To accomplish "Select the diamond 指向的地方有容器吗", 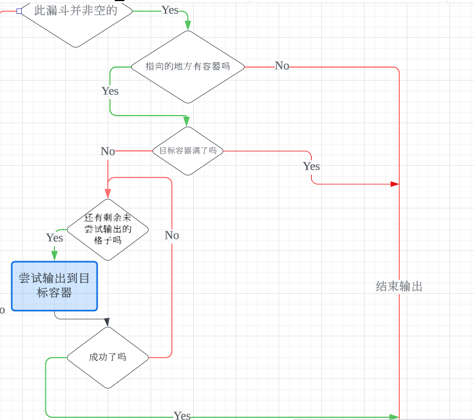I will click(188, 67).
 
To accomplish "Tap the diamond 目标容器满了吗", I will click(188, 151).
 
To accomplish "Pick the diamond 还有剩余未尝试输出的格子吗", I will click(108, 229).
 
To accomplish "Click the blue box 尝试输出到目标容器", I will click(54, 286).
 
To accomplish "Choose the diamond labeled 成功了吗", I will click(108, 357).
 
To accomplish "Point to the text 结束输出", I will click(399, 287).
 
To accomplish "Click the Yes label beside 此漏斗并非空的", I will click(170, 10).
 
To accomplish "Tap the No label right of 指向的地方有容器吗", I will click(282, 66).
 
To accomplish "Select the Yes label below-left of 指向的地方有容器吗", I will click(110, 91).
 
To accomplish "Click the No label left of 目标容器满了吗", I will click(108, 151).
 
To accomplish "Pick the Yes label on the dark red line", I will click(311, 166).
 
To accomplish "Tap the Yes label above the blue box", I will click(54, 237).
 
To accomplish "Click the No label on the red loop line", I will click(172, 236).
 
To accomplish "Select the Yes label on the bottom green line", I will click(182, 416).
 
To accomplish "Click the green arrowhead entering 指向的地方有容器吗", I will click(187, 25).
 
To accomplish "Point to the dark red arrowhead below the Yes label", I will click(394, 184).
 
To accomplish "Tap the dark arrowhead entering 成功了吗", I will click(107, 322).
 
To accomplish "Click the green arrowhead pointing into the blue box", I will click(54, 256).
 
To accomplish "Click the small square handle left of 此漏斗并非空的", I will click(19, 11).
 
